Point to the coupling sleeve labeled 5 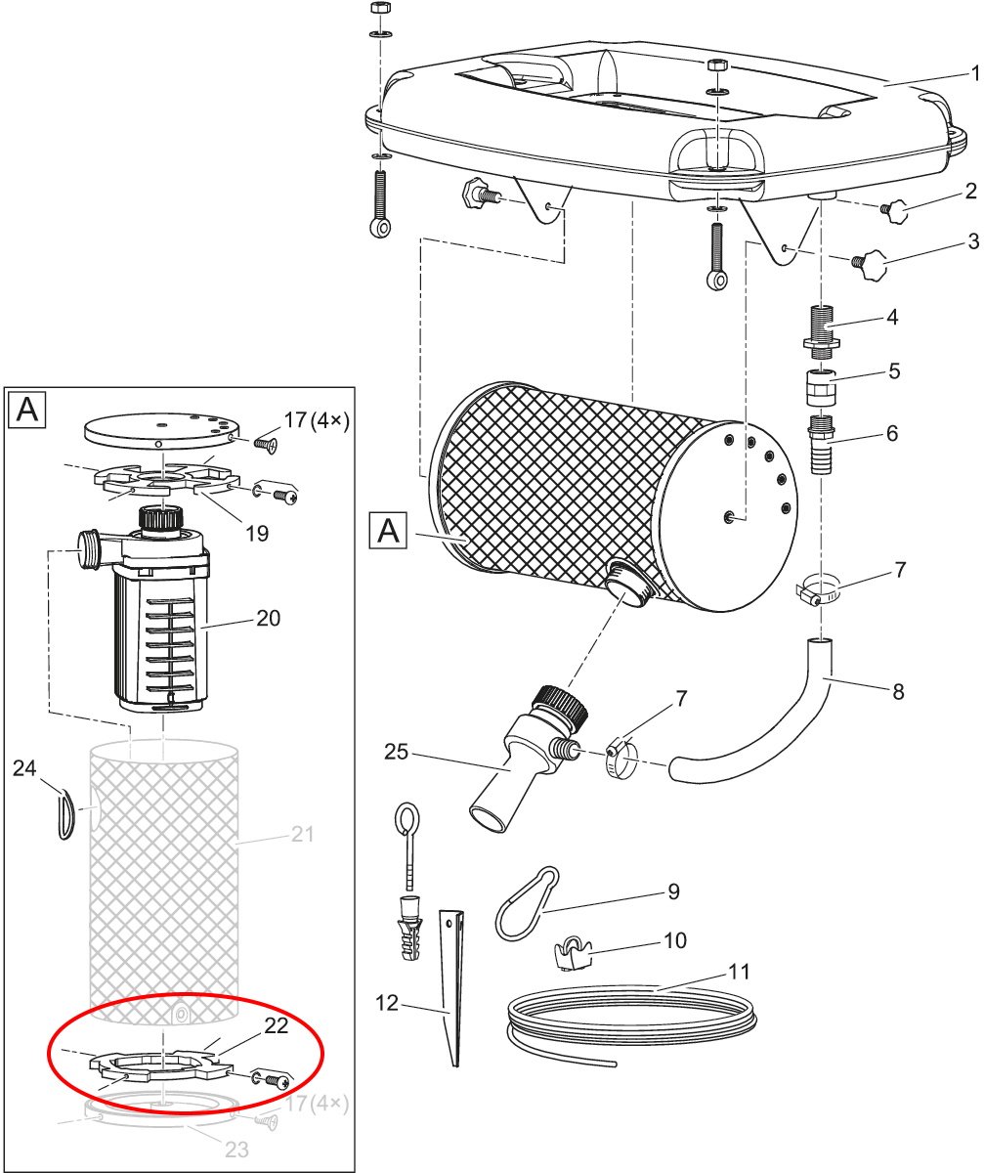click(821, 386)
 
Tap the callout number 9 click(673, 891)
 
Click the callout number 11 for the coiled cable click(739, 972)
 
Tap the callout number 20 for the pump click(268, 619)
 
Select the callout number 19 click(257, 533)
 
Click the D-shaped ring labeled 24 click(66, 814)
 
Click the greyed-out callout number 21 click(303, 834)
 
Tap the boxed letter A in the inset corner click(27, 411)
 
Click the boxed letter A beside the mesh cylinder click(388, 531)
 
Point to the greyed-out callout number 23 click(236, 1150)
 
